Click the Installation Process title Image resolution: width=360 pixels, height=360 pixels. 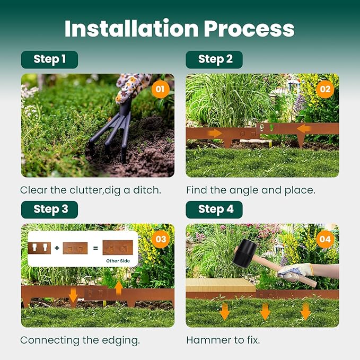179,29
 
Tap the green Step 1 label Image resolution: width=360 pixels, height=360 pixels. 49,59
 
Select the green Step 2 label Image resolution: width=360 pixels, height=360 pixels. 215,59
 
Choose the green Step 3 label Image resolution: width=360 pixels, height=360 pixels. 50,209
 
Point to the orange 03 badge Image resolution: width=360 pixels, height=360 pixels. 160,239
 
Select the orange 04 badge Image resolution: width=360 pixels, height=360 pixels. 324,239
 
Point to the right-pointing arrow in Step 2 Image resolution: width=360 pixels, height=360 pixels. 215,133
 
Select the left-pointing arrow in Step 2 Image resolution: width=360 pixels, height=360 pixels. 304,129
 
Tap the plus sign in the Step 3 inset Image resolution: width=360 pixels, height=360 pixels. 57,247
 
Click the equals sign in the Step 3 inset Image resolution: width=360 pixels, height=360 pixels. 95,247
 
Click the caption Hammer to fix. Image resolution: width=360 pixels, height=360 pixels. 223,340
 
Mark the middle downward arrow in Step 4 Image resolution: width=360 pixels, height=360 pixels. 265,311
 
